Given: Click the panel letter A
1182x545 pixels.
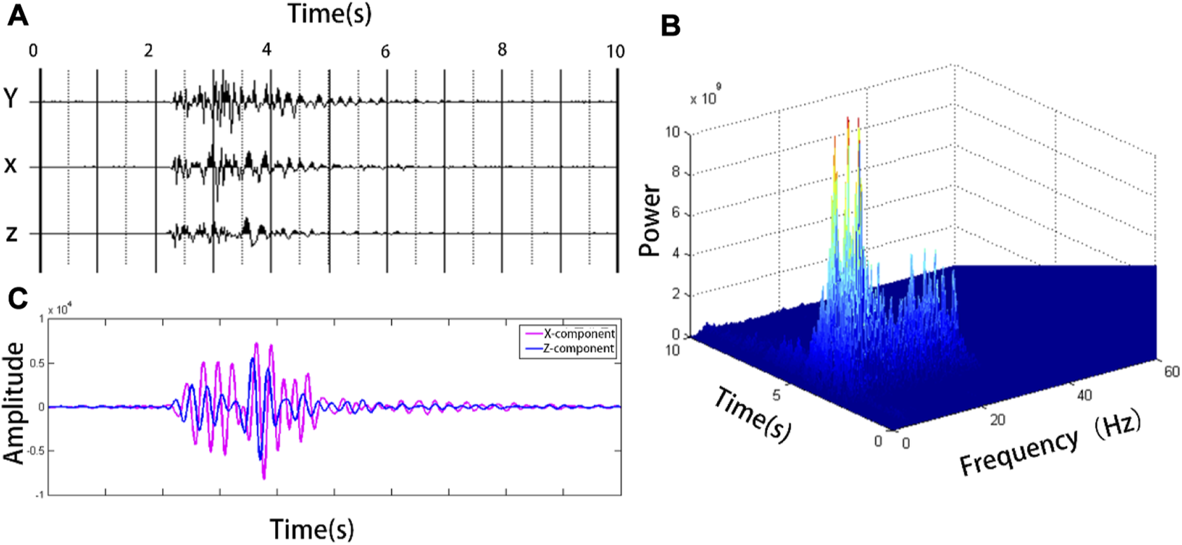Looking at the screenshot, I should [18, 15].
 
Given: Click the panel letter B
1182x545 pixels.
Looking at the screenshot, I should [671, 26].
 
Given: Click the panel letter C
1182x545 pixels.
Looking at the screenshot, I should [18, 298].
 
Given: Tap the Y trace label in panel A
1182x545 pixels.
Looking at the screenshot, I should [11, 98].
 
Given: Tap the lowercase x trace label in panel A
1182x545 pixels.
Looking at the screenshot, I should [11, 166].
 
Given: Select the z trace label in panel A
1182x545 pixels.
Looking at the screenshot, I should [11, 234].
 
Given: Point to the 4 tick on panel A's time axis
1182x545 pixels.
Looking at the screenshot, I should [267, 50].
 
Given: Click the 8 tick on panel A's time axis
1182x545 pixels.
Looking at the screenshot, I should [502, 50].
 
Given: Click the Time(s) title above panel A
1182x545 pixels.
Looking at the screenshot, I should [329, 13].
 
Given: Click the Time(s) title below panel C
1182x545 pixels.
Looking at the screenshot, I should [312, 528].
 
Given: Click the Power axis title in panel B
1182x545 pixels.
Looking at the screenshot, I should [651, 220].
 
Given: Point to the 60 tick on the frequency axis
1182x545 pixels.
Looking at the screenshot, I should [1171, 372].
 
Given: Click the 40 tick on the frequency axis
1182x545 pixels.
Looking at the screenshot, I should [1084, 396].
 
